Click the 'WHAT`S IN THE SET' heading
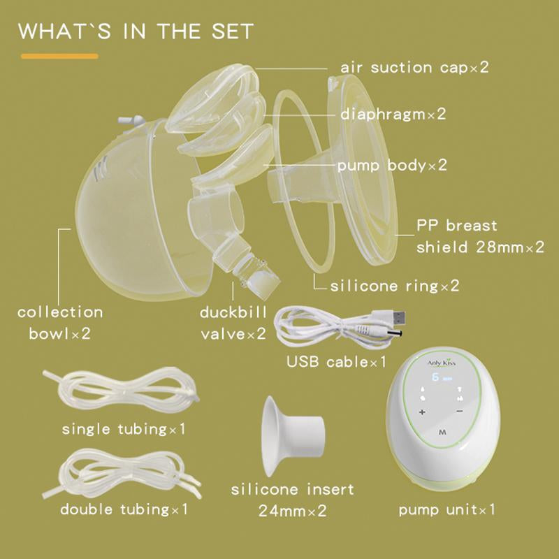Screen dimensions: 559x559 tap(136, 31)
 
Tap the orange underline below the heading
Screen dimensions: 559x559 tap(59, 56)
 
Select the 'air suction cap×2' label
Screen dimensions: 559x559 tap(414, 67)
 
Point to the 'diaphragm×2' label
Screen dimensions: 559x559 tap(393, 114)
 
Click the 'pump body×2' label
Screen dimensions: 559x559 tap(392, 166)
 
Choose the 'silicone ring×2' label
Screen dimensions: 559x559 tap(395, 286)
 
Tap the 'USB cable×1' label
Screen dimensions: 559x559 tap(336, 362)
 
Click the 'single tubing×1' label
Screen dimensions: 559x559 tap(124, 429)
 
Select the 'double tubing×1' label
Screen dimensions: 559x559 tap(124, 509)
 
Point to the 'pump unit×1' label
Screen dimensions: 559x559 tap(447, 509)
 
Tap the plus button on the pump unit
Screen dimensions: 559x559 tap(423, 412)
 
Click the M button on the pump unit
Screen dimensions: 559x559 tap(442, 433)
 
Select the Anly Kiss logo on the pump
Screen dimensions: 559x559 tap(442, 363)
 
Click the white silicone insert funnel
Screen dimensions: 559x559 tap(291, 436)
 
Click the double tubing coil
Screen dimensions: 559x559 tap(122, 474)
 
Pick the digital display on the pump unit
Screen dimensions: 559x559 tap(442, 377)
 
